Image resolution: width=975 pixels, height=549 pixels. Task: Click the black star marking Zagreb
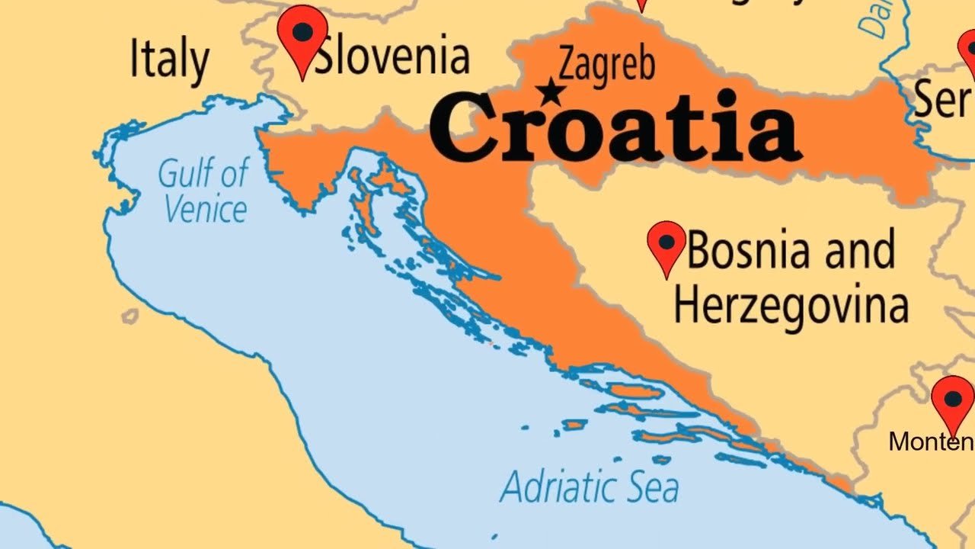549,94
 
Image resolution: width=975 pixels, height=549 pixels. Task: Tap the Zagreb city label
606,63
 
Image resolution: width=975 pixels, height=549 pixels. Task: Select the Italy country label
169,59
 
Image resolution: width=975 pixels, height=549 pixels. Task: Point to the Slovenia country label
392,56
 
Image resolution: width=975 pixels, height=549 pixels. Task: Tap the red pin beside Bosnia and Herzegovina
667,246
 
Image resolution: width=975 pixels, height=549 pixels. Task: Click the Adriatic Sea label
589,486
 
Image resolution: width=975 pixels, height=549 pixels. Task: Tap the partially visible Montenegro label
931,441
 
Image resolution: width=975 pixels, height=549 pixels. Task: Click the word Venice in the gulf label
206,209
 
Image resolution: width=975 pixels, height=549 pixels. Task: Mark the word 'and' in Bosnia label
860,250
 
